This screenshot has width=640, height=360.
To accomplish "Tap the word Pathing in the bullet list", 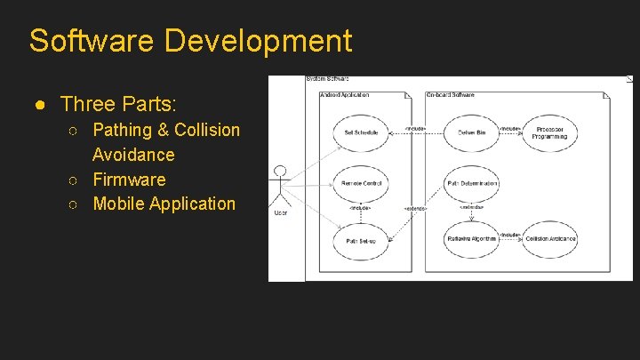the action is [x=123, y=130].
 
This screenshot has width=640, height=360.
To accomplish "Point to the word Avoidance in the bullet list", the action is [x=133, y=155].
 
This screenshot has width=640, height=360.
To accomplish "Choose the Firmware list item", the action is [x=129, y=180].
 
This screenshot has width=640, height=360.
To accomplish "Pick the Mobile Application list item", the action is [x=164, y=204].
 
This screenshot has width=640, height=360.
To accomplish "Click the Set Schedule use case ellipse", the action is [x=361, y=132].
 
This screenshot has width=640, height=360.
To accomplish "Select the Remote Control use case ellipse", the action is [x=361, y=184].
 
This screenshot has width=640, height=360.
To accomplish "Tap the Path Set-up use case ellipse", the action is [x=361, y=240].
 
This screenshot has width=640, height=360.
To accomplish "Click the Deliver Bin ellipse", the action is [x=471, y=132].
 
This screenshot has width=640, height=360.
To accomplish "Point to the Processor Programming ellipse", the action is [x=550, y=132].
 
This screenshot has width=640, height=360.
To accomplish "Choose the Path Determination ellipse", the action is [x=471, y=184].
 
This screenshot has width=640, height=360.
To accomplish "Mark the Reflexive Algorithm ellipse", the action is [x=471, y=238].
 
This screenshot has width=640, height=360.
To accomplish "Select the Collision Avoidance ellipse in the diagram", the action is [x=550, y=238].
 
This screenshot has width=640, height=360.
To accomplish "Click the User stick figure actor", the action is [x=281, y=187].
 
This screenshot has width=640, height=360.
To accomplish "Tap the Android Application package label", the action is [x=345, y=94].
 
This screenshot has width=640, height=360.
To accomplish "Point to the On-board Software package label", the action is [x=452, y=94].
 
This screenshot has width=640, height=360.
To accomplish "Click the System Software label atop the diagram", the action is [x=327, y=79].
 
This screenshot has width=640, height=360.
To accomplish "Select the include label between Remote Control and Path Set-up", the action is [x=360, y=208].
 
